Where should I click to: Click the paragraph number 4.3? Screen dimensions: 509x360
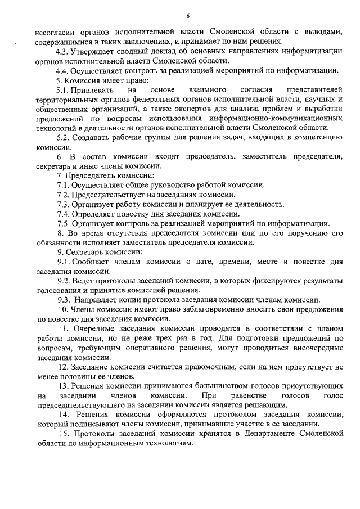pyautogui.click(x=62, y=51)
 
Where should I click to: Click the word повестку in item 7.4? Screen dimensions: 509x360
pyautogui.click(x=132, y=214)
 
